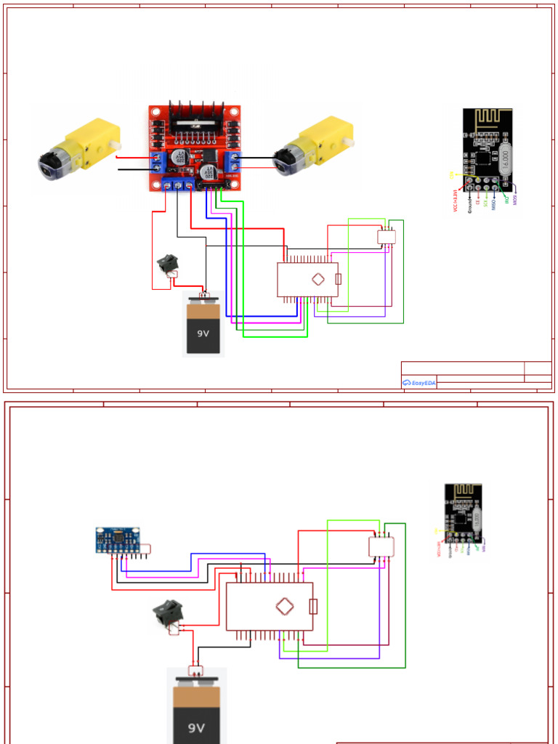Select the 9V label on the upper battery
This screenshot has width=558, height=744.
(x=203, y=335)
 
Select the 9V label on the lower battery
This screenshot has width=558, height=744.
(x=196, y=727)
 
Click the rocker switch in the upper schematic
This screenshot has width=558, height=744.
(x=169, y=264)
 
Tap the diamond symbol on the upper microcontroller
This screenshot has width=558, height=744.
(x=318, y=279)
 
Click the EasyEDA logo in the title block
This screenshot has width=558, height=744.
(x=418, y=382)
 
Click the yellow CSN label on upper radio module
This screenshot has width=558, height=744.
(x=452, y=174)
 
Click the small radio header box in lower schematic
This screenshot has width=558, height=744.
(x=380, y=547)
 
